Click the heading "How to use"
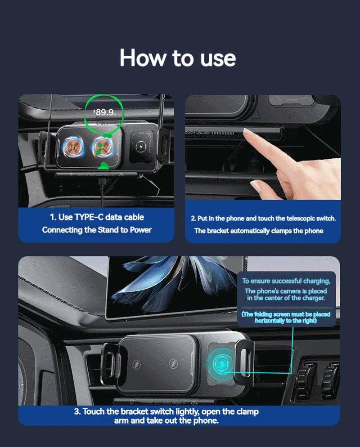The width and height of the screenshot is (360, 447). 178,58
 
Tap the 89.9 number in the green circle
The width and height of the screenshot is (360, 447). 104,112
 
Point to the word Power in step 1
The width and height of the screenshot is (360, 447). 140,230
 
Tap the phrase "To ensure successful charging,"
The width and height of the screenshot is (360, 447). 286,281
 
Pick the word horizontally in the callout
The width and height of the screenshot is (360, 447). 272,321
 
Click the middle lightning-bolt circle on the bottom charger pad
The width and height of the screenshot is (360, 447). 173,364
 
